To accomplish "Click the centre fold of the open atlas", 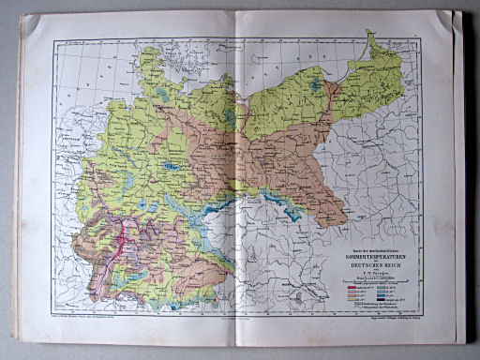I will point(233,178).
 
